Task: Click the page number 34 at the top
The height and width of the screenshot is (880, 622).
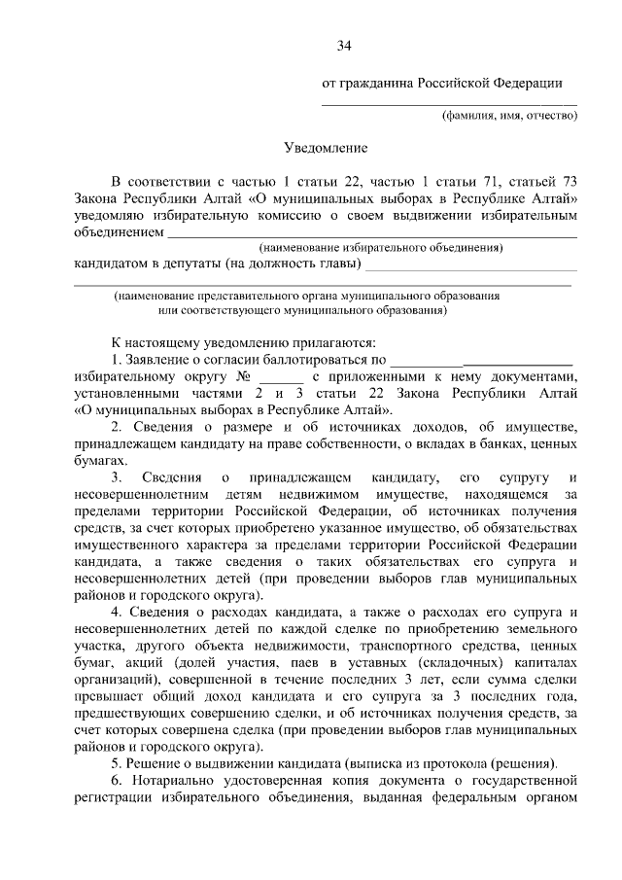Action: point(343,46)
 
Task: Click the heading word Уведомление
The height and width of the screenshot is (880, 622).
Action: point(326,149)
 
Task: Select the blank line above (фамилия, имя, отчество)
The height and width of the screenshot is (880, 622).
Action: point(449,103)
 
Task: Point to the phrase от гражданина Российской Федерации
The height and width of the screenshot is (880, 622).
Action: point(442,84)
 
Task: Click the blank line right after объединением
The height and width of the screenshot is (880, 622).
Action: point(373,234)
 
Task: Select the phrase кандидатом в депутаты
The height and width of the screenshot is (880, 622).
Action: point(147,264)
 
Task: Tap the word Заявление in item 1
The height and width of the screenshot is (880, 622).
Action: point(161,360)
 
